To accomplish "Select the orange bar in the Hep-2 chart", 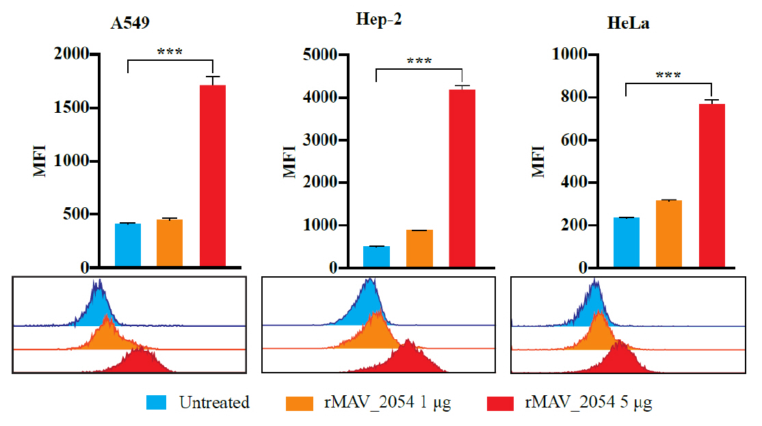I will click(419, 249).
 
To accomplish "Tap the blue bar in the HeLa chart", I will click(626, 243).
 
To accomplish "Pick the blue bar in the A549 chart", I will click(128, 245).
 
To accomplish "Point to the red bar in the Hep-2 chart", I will click(462, 178).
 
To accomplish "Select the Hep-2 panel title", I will click(378, 20).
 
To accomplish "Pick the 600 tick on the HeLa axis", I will click(566, 140).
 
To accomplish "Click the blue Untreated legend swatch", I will click(157, 403).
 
